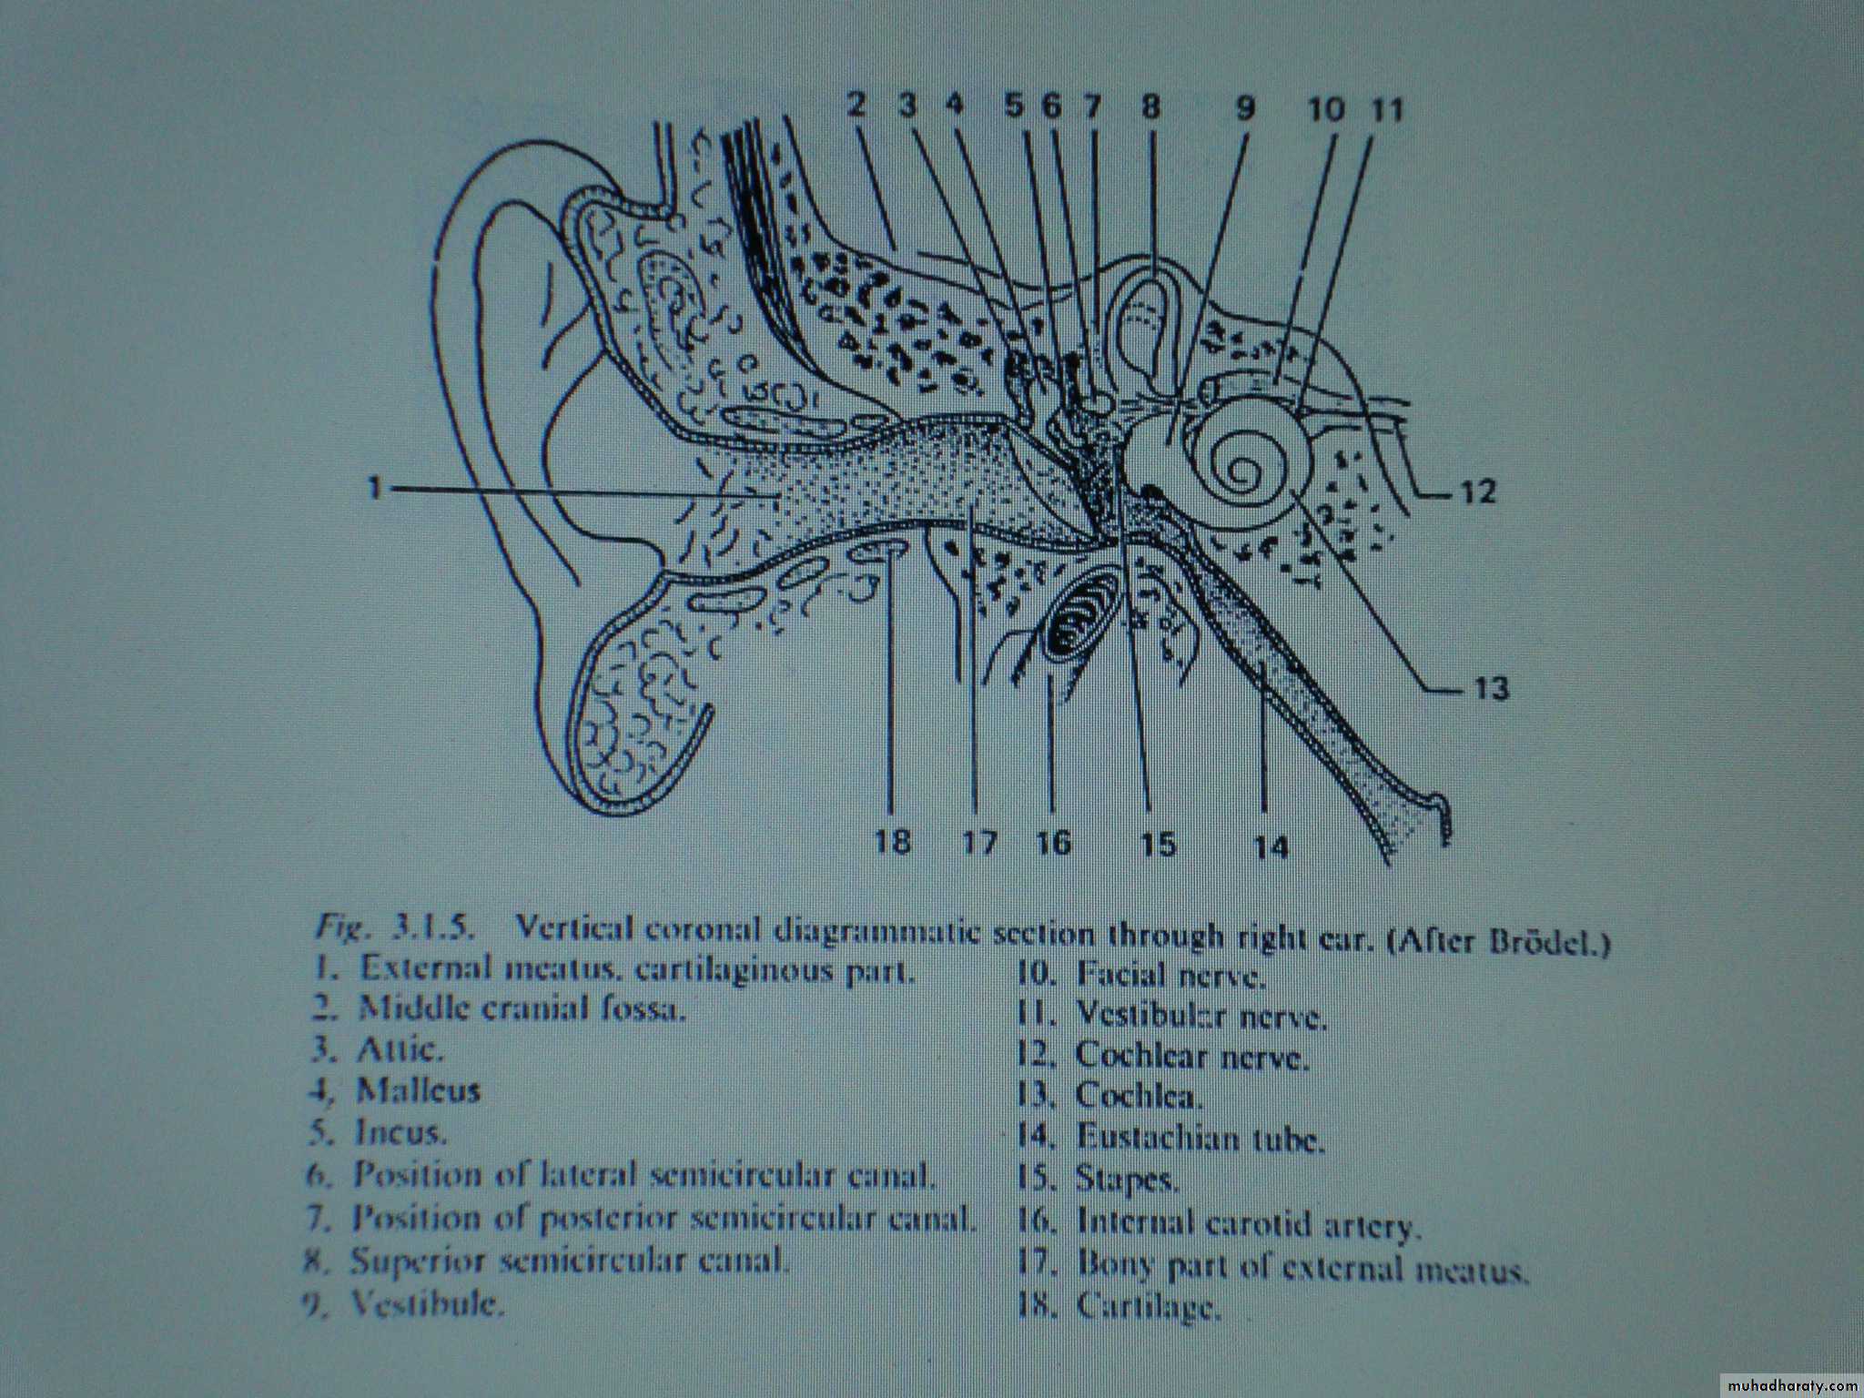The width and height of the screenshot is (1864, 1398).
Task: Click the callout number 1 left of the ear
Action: (x=372, y=490)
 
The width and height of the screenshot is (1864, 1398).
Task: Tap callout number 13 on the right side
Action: (x=1492, y=689)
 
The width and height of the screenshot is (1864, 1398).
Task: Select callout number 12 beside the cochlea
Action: (x=1478, y=492)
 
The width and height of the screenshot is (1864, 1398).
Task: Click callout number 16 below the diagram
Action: (x=1053, y=842)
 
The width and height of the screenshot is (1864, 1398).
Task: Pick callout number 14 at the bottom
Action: (x=1271, y=846)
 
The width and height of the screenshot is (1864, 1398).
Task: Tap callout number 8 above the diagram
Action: (x=1150, y=108)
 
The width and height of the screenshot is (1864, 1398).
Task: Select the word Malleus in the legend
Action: (x=418, y=1090)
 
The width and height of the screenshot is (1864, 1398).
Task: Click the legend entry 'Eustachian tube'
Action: (x=1200, y=1137)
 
